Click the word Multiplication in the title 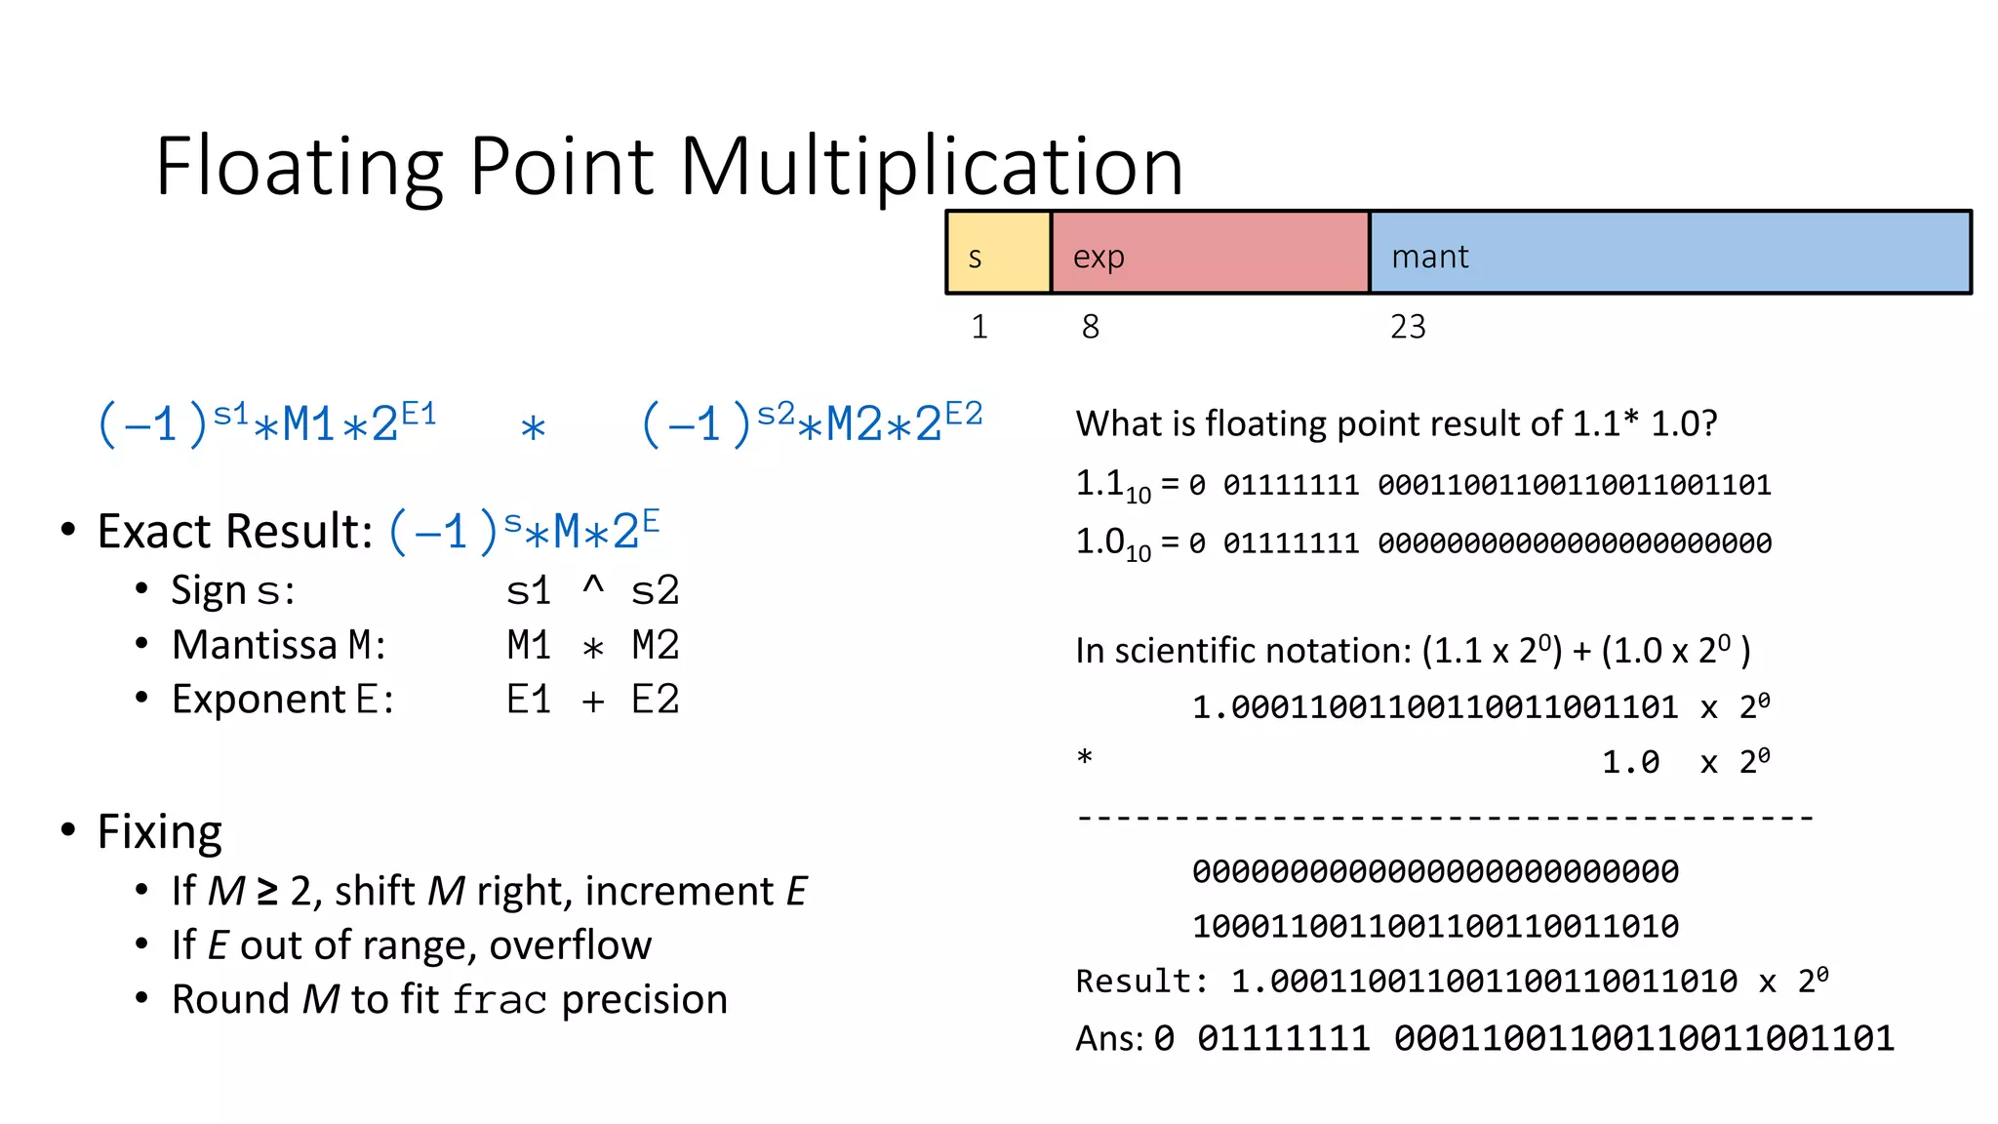(x=931, y=167)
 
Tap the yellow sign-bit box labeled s (x=998, y=253)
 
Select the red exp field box (x=1210, y=253)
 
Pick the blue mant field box (x=1669, y=253)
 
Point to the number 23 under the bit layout (x=1408, y=327)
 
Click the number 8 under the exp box (x=1090, y=327)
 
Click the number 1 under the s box (x=979, y=327)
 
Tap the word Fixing (x=160, y=832)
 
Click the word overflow (x=570, y=944)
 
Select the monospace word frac (x=499, y=1000)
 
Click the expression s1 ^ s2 (x=592, y=590)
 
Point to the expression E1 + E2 (x=592, y=700)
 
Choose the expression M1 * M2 (x=592, y=645)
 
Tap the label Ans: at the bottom (x=1109, y=1038)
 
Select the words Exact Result (x=234, y=532)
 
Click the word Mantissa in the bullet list (x=255, y=645)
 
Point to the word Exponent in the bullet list (x=259, y=700)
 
